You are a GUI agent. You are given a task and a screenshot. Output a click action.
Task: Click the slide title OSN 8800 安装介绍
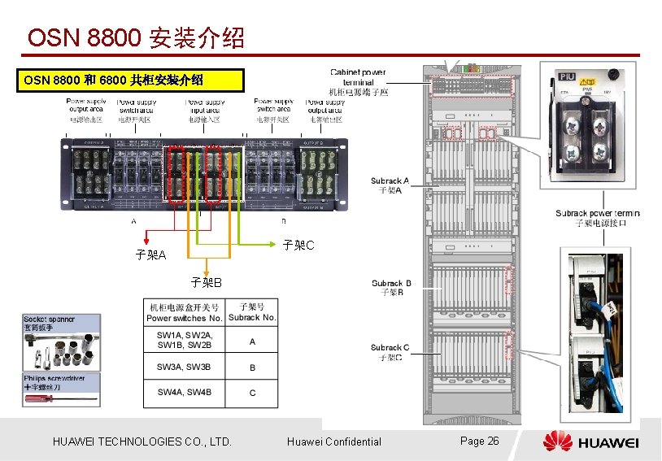click(x=135, y=37)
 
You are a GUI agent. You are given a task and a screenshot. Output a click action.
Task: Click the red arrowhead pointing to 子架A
click(x=146, y=240)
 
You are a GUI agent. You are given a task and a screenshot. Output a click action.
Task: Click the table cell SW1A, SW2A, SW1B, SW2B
click(x=184, y=341)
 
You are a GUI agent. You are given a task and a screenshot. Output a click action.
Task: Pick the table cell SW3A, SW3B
click(x=184, y=367)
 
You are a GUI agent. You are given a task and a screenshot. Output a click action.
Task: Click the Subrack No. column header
click(x=252, y=313)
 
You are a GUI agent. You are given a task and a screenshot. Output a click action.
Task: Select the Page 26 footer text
click(x=479, y=441)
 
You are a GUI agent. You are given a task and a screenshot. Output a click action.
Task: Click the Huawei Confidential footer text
click(x=333, y=441)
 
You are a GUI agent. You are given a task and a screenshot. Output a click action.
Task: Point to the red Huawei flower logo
click(x=558, y=441)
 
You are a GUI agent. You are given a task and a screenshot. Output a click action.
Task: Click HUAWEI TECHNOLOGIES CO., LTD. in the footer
click(x=142, y=441)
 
